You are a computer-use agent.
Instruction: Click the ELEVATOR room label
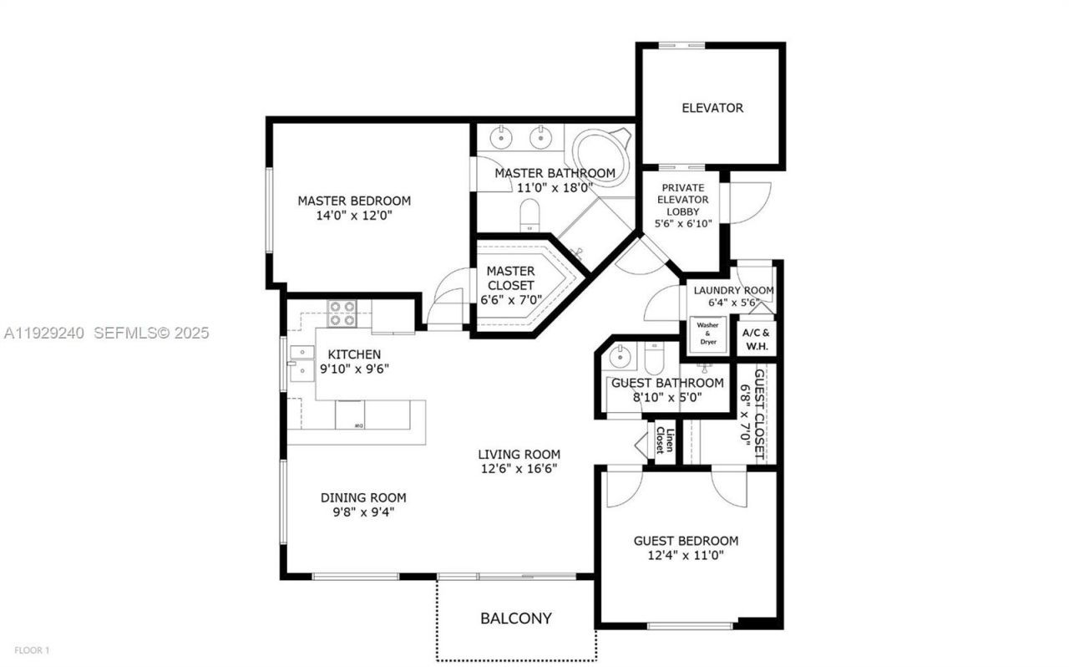(712, 108)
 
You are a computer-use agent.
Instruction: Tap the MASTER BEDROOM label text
(354, 201)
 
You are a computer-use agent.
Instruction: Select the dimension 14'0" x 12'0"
(354, 215)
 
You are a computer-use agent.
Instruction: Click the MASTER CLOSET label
(510, 278)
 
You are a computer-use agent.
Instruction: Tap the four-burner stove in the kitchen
(341, 313)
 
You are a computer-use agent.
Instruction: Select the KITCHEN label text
(354, 354)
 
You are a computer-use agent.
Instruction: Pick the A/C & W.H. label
(757, 339)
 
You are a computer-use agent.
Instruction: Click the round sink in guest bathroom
(620, 358)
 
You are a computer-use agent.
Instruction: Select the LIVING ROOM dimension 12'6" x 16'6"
(519, 468)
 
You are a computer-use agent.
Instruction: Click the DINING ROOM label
(363, 497)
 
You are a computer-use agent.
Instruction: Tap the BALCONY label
(515, 619)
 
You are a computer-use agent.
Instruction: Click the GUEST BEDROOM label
(685, 541)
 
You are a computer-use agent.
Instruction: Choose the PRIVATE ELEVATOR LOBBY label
(682, 200)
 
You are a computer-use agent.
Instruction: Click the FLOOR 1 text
(33, 649)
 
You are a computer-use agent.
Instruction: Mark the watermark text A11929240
(44, 333)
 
